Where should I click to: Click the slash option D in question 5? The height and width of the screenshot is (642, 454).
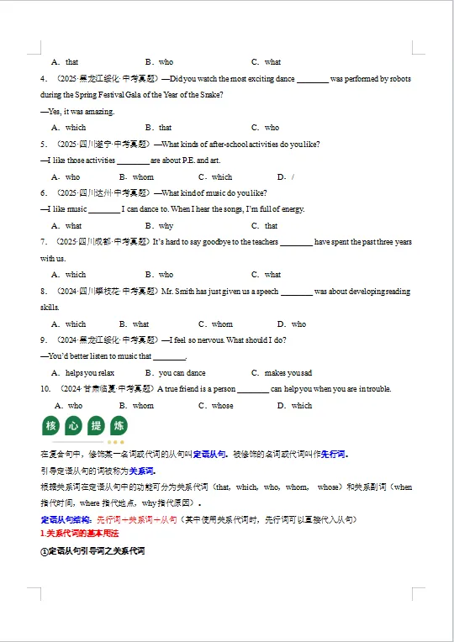[x=293, y=177]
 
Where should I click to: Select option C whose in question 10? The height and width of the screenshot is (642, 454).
[x=222, y=406]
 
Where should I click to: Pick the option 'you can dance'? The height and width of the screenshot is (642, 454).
[x=182, y=373]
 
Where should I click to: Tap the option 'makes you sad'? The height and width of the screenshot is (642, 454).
[x=288, y=373]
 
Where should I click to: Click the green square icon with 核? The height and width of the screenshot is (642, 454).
[x=51, y=426]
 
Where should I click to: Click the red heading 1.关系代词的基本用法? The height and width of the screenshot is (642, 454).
[x=80, y=534]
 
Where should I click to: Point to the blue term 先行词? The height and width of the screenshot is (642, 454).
[x=334, y=455]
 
